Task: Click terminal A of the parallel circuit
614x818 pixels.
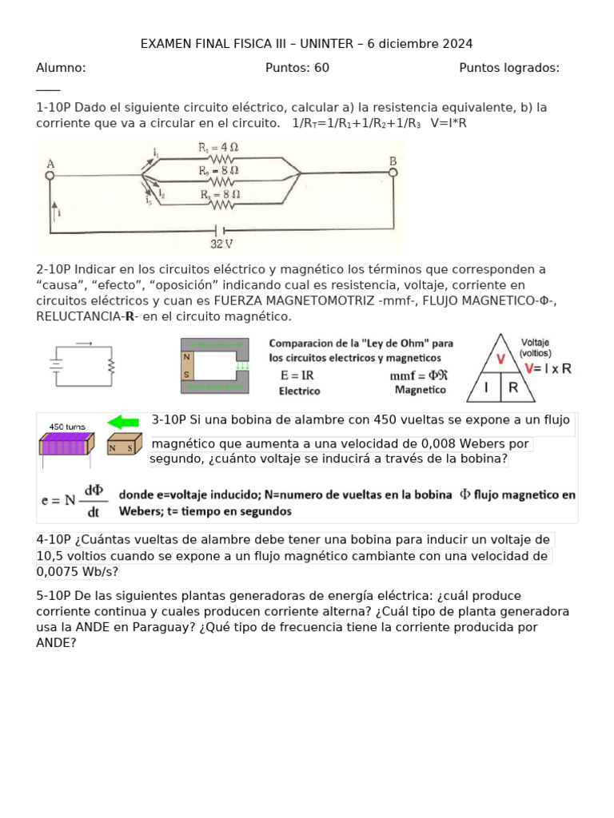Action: [50, 172]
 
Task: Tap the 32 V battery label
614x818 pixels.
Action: [221, 244]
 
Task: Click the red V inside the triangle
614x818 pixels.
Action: [500, 359]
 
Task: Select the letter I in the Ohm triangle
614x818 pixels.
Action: [485, 388]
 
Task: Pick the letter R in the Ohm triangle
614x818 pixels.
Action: [513, 388]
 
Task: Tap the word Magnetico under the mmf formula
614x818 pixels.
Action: [421, 390]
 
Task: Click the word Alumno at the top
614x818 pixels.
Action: [61, 68]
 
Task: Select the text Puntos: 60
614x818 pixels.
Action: [297, 68]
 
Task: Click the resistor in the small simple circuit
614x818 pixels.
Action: [111, 366]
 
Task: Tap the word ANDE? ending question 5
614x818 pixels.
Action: [56, 642]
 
